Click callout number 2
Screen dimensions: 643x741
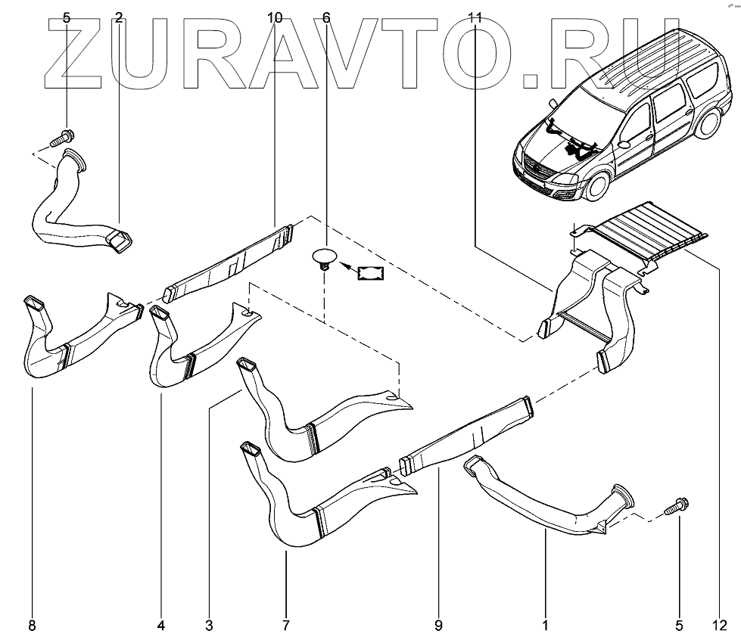pos(119,17)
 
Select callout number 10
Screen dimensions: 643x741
pos(275,17)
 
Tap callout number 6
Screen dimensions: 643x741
pos(326,17)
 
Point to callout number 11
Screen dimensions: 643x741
pos(475,17)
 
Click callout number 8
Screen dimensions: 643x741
pos(31,625)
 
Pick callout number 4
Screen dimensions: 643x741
pos(161,625)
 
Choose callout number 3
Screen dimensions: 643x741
pos(209,625)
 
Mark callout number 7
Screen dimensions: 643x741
pos(285,625)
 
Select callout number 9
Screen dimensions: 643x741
pos(438,625)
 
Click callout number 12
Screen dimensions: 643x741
pos(718,625)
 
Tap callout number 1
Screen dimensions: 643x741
pos(545,625)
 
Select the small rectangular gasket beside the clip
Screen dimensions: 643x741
pos(370,272)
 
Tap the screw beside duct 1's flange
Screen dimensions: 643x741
pos(677,507)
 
